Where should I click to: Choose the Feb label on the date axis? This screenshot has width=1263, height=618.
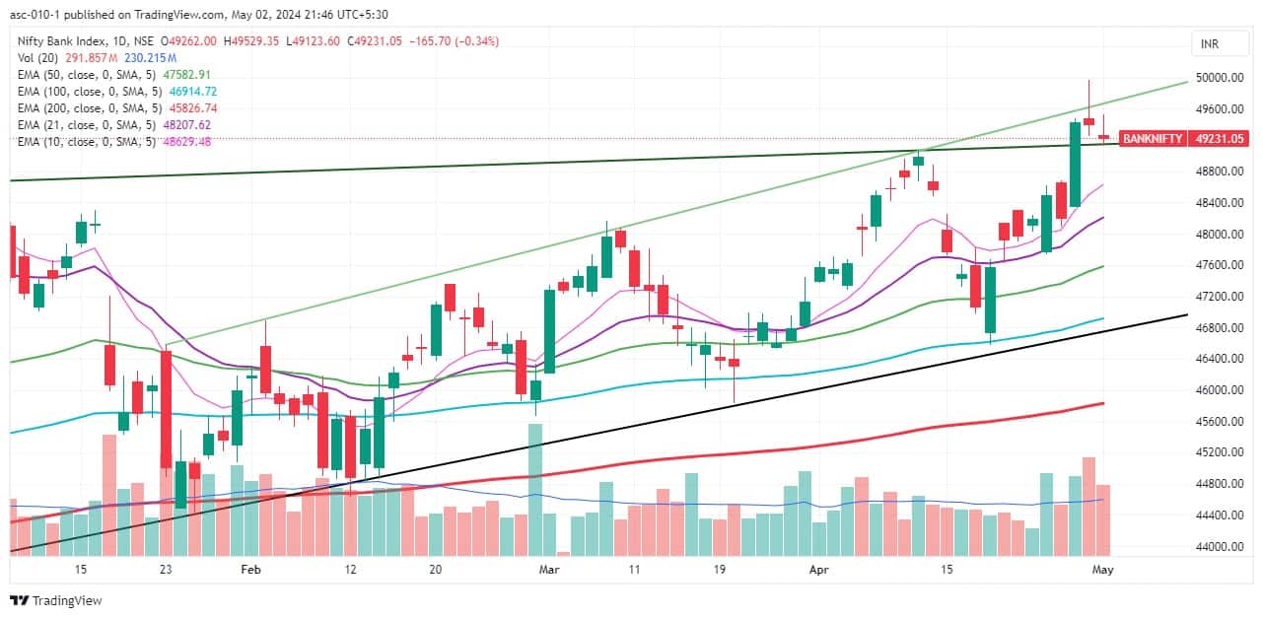tap(250, 570)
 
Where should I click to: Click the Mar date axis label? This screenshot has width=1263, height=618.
tap(549, 570)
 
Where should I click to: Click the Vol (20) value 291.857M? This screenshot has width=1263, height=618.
tap(89, 58)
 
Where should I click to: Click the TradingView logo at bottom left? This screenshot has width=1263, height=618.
tap(56, 600)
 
